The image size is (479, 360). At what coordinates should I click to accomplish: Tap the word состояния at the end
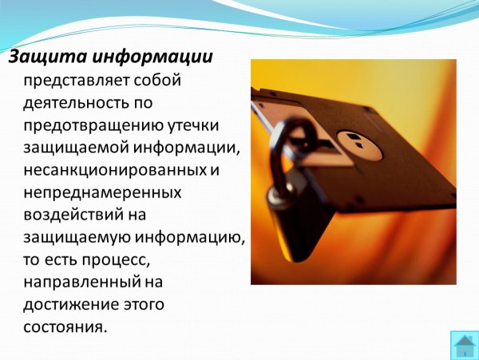pyautogui.click(x=65, y=326)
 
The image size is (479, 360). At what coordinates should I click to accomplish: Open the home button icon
pyautogui.click(x=465, y=345)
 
